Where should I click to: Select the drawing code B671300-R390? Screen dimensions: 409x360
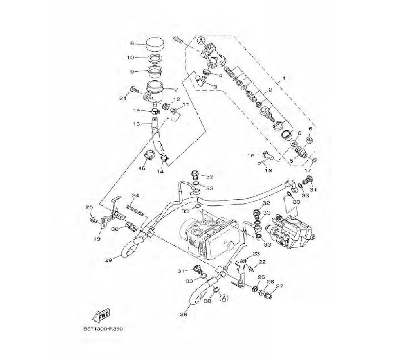click(103, 329)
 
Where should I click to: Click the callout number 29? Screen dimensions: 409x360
click(108, 260)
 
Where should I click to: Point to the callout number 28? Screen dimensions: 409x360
click(183, 314)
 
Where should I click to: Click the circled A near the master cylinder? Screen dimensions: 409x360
click(200, 40)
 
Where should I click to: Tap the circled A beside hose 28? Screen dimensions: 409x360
click(223, 298)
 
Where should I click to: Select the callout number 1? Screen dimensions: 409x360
click(284, 78)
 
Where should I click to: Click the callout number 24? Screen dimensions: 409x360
click(135, 196)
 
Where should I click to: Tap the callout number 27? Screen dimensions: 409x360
click(279, 286)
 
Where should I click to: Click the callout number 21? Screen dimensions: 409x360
click(123, 98)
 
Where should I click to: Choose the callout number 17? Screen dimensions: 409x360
click(308, 170)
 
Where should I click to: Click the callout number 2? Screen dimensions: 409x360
click(270, 90)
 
